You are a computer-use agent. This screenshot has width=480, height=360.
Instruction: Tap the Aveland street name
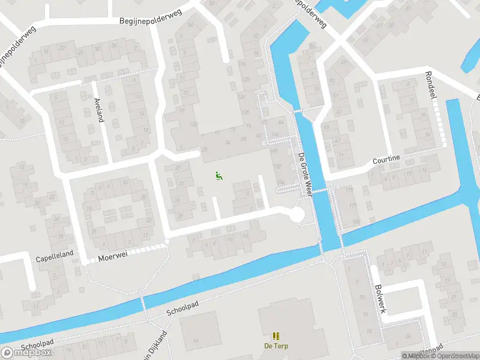99,110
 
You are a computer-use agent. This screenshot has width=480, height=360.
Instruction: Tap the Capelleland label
55,254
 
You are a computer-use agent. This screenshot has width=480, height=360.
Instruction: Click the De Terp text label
275,346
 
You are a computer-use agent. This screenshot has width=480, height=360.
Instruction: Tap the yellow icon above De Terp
275,336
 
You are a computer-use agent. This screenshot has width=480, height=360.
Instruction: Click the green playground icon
219,176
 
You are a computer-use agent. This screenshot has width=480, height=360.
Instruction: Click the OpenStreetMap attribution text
455,356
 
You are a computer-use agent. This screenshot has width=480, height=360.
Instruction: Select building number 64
196,341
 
